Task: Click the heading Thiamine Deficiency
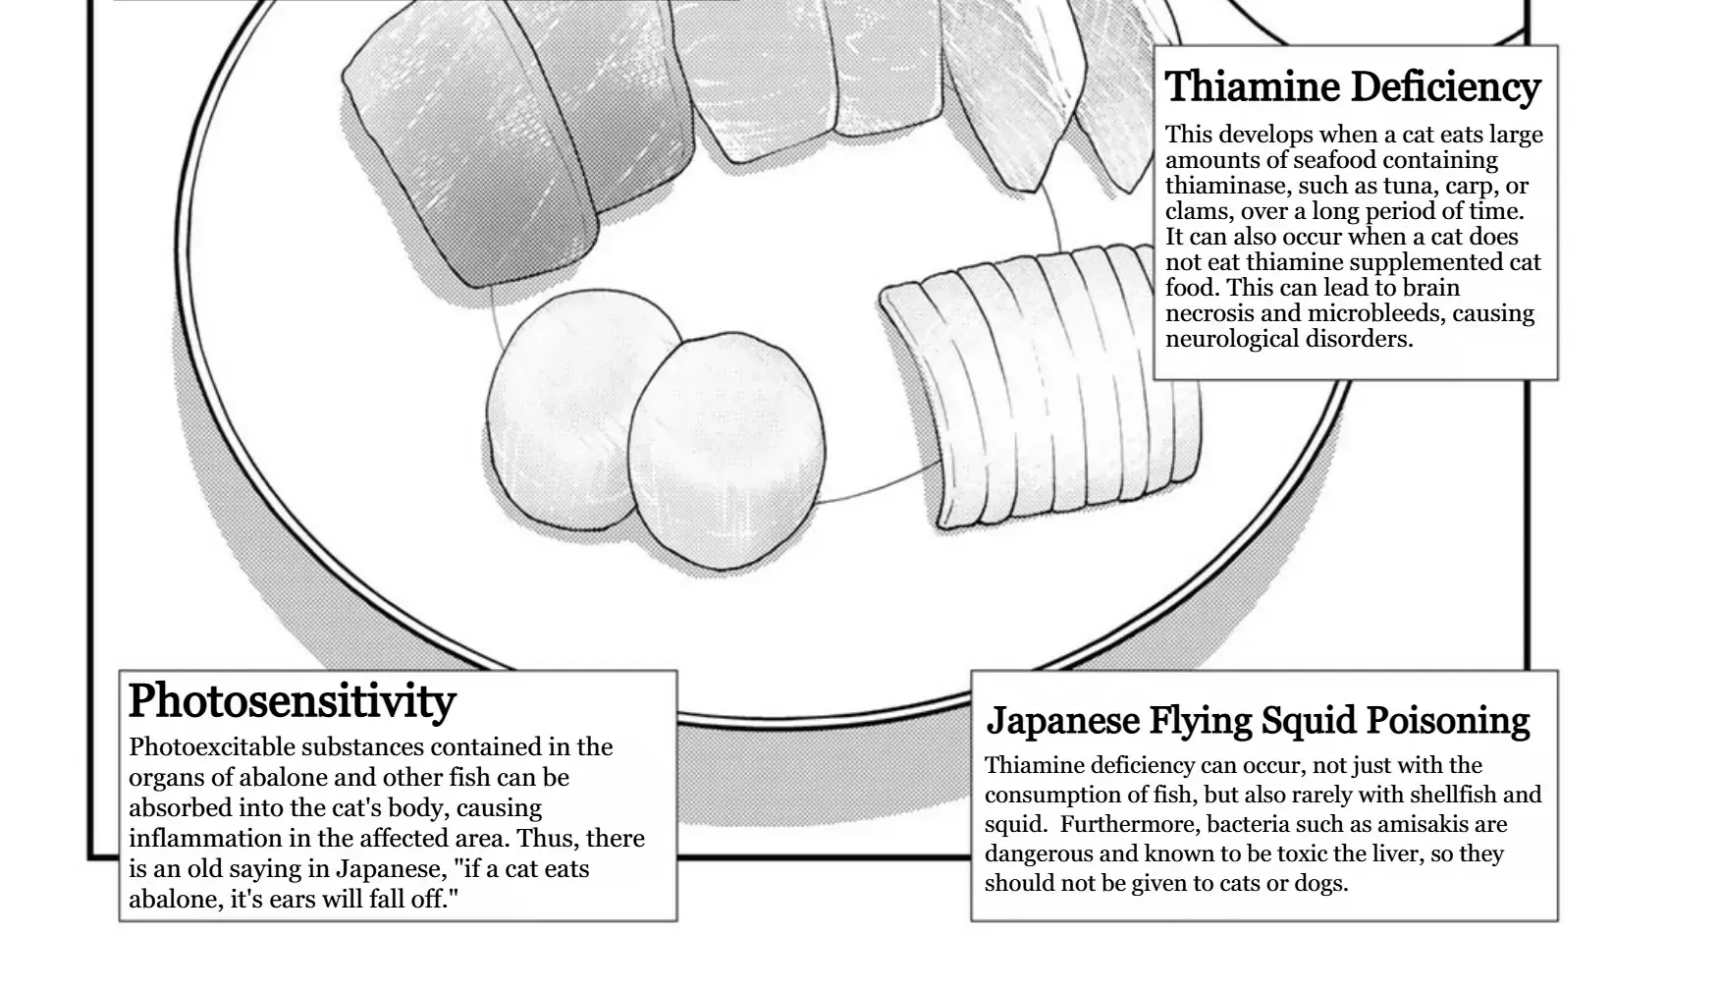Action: tap(1353, 86)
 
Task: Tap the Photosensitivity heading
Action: tap(293, 701)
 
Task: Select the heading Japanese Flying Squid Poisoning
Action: tap(1258, 720)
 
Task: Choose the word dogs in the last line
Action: tap(1318, 883)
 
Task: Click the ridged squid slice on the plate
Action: tap(1040, 388)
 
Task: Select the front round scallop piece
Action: tap(726, 451)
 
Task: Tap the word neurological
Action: tap(1231, 339)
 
